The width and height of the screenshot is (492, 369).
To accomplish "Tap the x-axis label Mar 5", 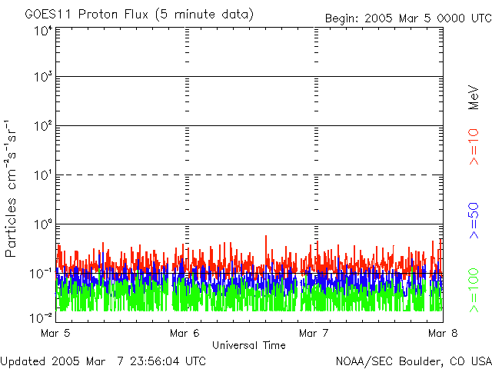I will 55,333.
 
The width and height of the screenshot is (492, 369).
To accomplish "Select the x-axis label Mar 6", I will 184,333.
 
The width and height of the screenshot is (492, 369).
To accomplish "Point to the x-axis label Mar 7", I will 314,333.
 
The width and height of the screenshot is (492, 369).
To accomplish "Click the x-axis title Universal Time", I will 249,345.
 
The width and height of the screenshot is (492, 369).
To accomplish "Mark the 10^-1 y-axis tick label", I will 41,274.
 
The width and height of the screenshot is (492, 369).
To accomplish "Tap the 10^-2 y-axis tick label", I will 41,317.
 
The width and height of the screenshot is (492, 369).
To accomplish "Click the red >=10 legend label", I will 474,147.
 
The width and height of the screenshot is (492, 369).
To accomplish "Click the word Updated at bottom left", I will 23,361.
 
